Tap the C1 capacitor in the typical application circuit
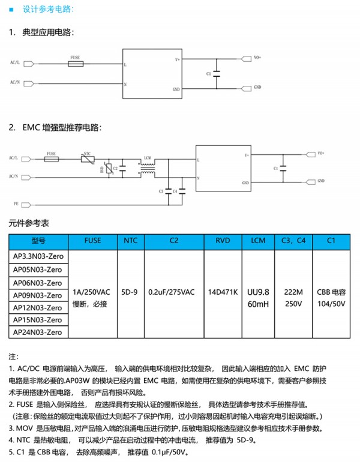coord(217,73)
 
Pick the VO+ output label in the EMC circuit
coord(321,153)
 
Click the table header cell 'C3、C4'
coord(293,241)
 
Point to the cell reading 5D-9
coord(130,292)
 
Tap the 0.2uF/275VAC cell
coord(174,292)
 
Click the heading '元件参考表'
coord(29,223)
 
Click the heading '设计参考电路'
coord(47,10)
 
